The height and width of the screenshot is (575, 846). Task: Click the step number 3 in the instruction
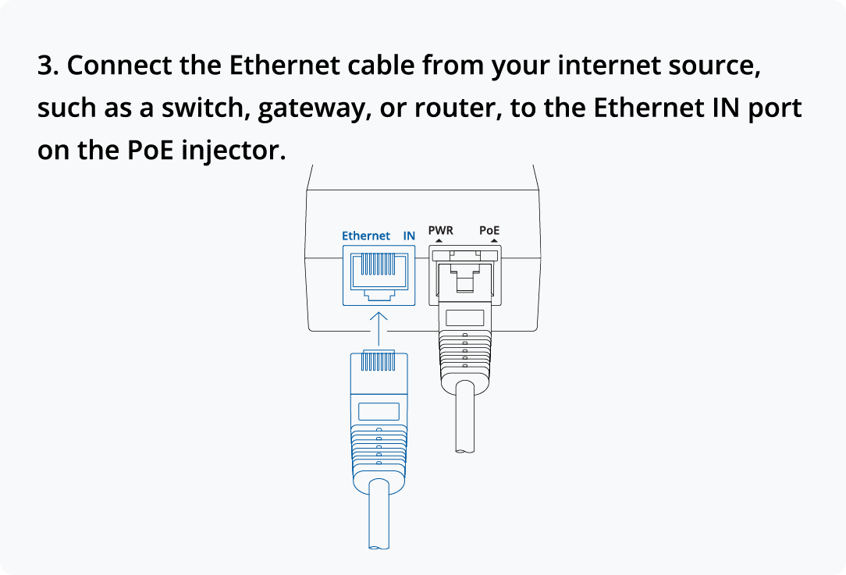click(x=47, y=66)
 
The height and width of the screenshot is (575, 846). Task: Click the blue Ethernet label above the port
click(x=366, y=236)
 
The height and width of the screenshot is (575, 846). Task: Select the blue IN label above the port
click(x=409, y=236)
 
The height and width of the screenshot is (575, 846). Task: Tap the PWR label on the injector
click(x=440, y=231)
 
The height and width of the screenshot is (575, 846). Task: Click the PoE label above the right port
click(x=489, y=231)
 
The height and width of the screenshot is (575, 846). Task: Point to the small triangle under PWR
click(x=439, y=241)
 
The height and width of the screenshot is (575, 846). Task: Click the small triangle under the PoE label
click(x=492, y=241)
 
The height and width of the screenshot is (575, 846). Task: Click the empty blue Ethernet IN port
click(x=379, y=274)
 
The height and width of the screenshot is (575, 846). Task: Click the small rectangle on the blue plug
click(x=379, y=411)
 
